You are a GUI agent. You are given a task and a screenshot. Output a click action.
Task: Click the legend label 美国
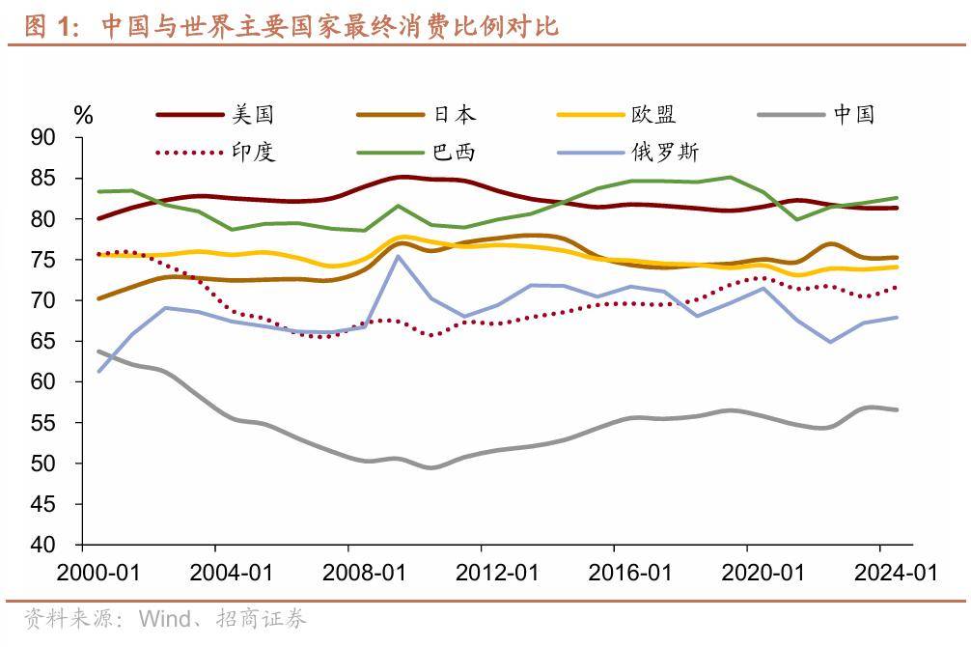(253, 115)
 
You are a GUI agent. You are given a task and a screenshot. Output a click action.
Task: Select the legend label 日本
(455, 115)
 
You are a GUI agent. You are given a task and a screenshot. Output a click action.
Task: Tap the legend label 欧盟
(654, 115)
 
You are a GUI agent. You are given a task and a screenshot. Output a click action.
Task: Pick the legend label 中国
(854, 115)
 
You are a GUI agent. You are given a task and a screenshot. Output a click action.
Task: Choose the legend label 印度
(253, 152)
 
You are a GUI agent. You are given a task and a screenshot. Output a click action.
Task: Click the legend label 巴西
(455, 152)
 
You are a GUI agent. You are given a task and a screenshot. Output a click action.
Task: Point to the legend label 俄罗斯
(665, 152)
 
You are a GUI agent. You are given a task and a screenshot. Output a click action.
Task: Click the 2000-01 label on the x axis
(98, 573)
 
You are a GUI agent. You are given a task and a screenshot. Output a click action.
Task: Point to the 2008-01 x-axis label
(364, 573)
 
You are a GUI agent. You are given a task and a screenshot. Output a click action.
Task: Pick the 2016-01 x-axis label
(630, 573)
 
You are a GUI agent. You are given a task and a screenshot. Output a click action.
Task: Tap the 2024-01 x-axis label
(897, 573)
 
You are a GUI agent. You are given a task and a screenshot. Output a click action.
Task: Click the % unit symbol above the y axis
(84, 116)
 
